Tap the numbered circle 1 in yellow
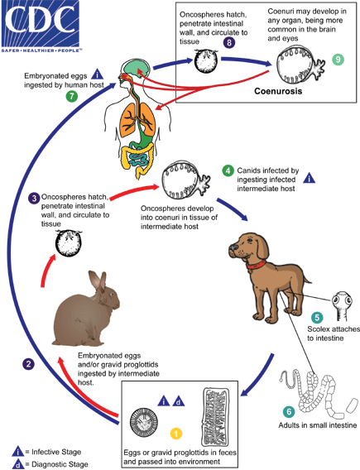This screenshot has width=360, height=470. point(175,432)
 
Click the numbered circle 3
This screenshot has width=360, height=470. point(33,199)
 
